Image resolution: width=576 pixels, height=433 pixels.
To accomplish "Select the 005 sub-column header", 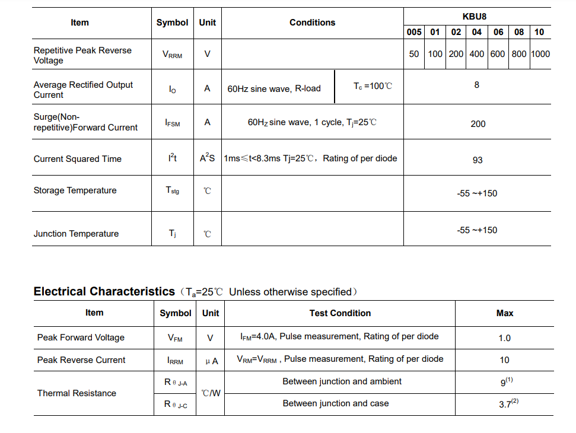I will click(414, 32).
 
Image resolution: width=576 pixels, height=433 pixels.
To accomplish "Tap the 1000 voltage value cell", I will click(540, 54).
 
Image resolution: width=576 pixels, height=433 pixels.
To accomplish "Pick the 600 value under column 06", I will click(498, 54).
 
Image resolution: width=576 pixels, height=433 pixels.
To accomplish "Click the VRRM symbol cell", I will click(172, 55).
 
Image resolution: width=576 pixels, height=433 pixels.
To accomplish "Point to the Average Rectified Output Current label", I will click(83, 90).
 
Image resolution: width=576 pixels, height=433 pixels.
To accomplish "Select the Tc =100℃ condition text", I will click(373, 86).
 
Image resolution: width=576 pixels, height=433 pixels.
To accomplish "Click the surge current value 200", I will click(478, 124).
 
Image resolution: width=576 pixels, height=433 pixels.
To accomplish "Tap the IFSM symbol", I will click(172, 123).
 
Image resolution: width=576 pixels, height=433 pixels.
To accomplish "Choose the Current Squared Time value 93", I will click(478, 160).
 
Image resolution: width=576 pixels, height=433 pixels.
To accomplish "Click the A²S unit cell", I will click(207, 158).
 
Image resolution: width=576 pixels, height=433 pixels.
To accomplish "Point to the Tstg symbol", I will click(172, 190).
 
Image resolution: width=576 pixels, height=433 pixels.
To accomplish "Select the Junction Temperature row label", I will click(76, 234).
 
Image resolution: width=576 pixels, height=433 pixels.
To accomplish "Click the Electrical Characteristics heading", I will click(104, 291).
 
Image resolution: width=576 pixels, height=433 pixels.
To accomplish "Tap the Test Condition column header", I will click(340, 313).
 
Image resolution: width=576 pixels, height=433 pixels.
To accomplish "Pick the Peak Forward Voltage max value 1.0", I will click(504, 338).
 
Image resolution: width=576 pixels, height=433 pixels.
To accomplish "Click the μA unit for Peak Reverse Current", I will click(211, 361).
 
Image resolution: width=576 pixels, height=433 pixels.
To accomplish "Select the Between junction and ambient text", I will click(342, 381).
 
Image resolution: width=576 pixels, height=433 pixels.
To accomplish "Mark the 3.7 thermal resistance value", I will click(505, 404).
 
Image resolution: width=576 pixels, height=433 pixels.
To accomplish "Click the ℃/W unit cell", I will click(211, 393).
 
